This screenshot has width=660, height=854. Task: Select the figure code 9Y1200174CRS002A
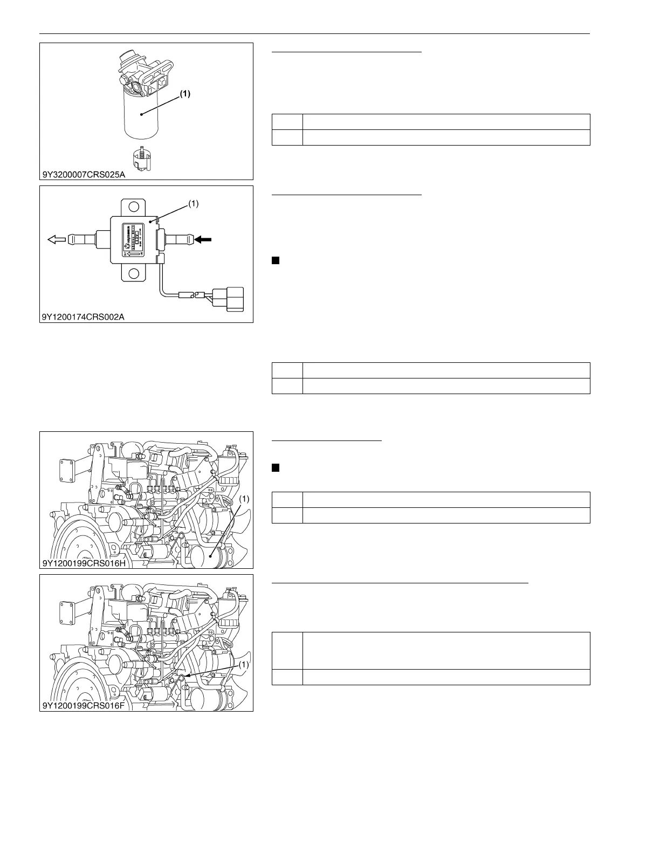(x=83, y=317)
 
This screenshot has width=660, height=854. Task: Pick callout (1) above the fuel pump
(x=193, y=204)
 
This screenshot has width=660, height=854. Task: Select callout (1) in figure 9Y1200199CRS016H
(x=244, y=499)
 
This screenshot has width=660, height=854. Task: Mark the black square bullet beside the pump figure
(x=275, y=260)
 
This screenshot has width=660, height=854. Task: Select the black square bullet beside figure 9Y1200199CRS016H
(x=275, y=467)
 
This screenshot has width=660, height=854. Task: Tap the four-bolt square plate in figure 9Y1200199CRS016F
(x=67, y=614)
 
